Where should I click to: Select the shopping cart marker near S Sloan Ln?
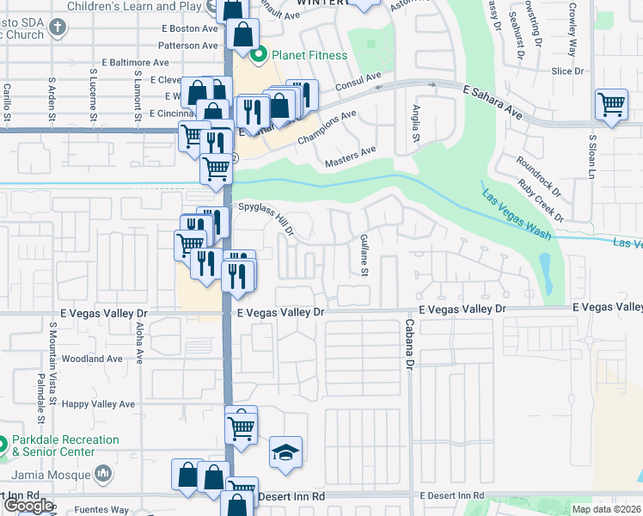click(x=611, y=105)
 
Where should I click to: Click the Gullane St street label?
click(x=364, y=255)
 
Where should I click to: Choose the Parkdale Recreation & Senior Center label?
click(x=64, y=445)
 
